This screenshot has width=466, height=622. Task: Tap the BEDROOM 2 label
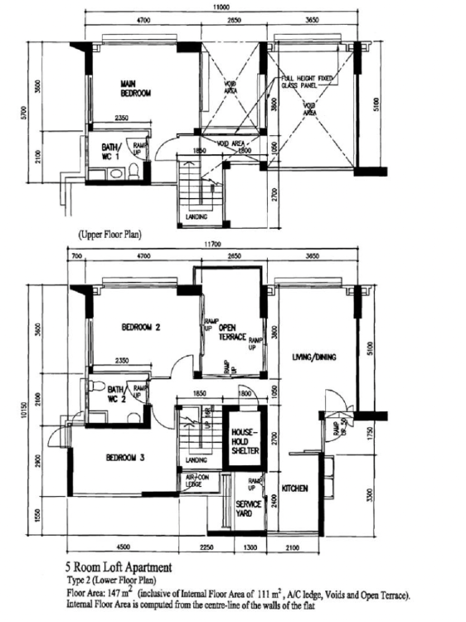pos(141,327)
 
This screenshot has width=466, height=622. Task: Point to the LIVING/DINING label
pos(313,357)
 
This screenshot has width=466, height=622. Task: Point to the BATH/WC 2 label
pos(114,393)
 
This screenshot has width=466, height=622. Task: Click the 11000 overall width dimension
pos(221,6)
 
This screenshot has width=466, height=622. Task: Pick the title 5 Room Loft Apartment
pos(124,567)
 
